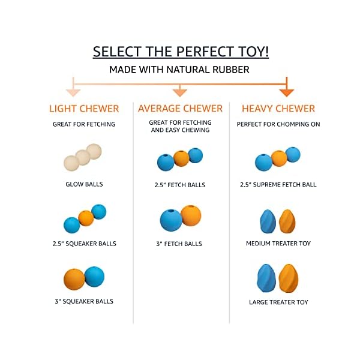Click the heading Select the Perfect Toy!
click(x=181, y=52)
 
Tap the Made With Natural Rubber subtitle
click(x=179, y=70)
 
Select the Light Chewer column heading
click(x=84, y=109)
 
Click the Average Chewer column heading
click(x=180, y=109)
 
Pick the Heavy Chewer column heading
click(x=278, y=109)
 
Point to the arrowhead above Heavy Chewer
click(x=287, y=92)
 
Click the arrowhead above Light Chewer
click(x=73, y=92)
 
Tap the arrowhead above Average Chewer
click(x=180, y=92)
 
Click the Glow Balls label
click(x=84, y=184)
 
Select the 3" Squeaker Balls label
click(x=84, y=301)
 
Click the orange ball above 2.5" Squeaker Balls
click(x=86, y=218)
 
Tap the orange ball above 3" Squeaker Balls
click(x=74, y=279)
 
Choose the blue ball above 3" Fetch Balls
click(x=171, y=220)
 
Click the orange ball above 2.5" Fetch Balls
click(x=181, y=158)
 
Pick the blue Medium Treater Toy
click(x=268, y=221)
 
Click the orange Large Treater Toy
click(x=289, y=278)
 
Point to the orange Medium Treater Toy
click(x=287, y=221)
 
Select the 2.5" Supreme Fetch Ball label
click(x=278, y=185)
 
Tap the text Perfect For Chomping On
click(x=278, y=124)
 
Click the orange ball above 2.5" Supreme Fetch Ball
click(x=279, y=158)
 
